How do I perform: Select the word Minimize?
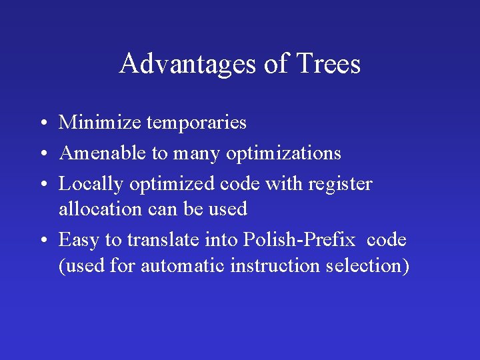[x=99, y=123]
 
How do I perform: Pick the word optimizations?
[x=283, y=153]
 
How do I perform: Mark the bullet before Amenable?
[x=42, y=154]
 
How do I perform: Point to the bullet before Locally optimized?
[x=42, y=185]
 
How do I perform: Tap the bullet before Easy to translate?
[x=42, y=240]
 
